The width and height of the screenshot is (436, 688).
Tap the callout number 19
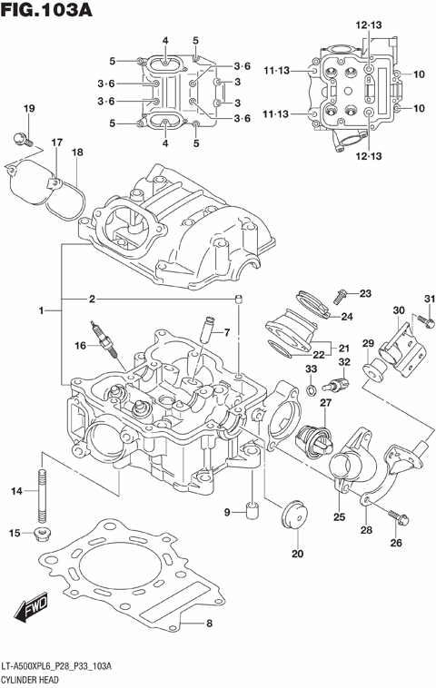(28, 110)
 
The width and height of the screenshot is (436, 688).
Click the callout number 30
(398, 310)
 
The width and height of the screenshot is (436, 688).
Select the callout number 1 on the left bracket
(41, 311)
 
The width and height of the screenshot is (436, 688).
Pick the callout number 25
(339, 517)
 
